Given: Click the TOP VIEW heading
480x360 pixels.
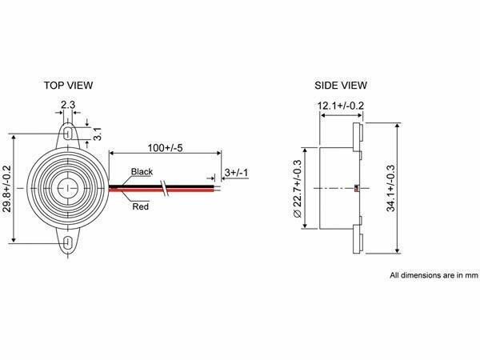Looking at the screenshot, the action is [68, 86].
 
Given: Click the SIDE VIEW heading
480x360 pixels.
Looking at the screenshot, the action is [341, 86].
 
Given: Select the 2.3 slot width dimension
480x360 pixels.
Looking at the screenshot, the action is [68, 105].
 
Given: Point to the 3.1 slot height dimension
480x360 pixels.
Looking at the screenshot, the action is [98, 134].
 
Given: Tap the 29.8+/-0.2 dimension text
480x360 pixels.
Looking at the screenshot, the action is [6, 189].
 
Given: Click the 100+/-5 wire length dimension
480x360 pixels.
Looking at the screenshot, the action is [165, 148].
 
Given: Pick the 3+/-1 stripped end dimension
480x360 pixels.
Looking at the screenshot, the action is [236, 173].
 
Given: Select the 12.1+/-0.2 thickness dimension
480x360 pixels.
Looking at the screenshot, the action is [341, 106].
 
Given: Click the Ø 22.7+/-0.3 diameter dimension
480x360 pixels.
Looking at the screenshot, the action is [298, 189].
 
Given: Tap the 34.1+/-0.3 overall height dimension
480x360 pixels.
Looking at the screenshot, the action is [390, 188].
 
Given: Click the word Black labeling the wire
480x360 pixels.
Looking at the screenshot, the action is [142, 172].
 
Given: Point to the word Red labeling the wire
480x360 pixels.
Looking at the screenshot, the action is [141, 206].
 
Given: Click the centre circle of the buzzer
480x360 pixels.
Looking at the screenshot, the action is [68, 188].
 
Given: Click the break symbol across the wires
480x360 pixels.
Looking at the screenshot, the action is [165, 188].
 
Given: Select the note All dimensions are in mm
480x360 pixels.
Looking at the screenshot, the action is [434, 275].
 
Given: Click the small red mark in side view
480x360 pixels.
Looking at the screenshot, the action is [357, 188].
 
